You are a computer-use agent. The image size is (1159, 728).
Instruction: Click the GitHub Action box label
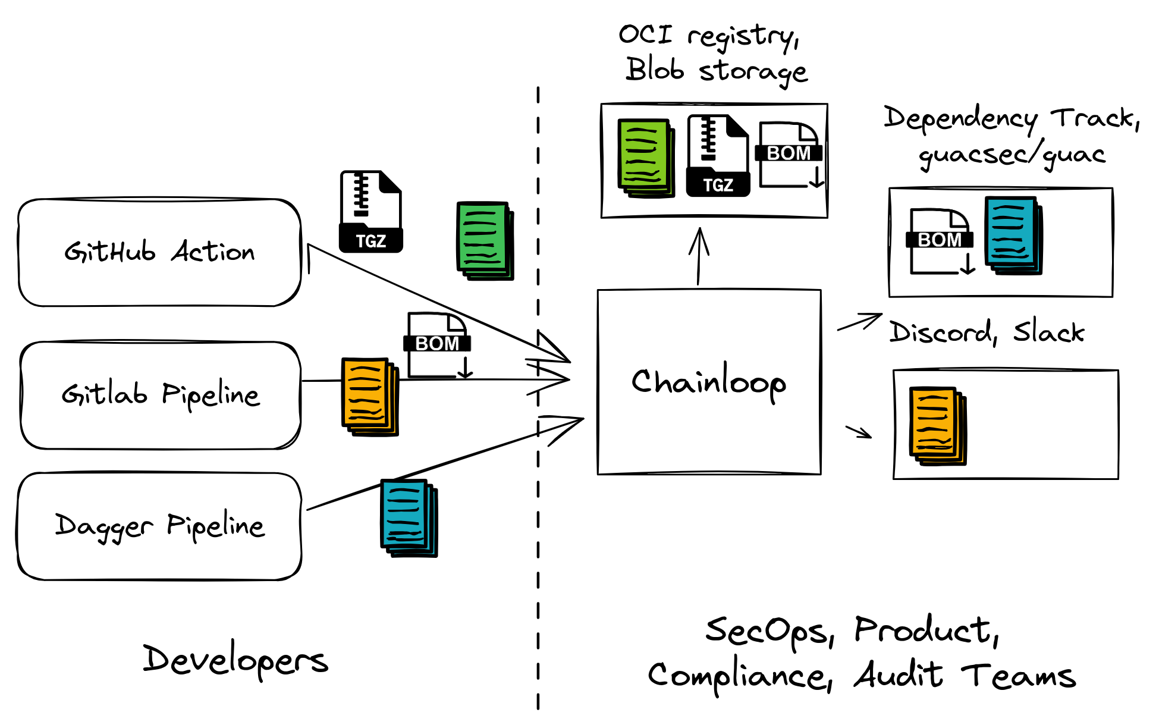tap(159, 252)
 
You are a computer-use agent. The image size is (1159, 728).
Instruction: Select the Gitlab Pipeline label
tap(161, 394)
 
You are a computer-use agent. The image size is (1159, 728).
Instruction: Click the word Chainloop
tap(709, 382)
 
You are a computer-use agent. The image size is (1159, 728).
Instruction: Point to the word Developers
tap(235, 660)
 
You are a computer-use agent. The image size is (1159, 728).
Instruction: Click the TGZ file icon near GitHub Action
tap(370, 212)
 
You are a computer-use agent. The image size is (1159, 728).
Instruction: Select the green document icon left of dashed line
tap(485, 240)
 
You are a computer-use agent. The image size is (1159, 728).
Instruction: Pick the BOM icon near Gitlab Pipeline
tap(438, 346)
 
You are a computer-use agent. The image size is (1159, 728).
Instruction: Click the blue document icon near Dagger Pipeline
tap(409, 517)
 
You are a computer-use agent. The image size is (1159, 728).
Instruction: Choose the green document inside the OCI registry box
tap(646, 158)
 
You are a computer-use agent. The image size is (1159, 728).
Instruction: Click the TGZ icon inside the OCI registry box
tap(718, 156)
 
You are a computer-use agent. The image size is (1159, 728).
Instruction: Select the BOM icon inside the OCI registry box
tap(789, 155)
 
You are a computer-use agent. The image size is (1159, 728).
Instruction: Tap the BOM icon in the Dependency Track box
tap(940, 241)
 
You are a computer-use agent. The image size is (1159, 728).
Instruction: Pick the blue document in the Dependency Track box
tap(1013, 236)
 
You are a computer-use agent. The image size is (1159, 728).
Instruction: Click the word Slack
tap(1049, 332)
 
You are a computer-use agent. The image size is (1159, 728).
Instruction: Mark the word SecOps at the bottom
tap(769, 632)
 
